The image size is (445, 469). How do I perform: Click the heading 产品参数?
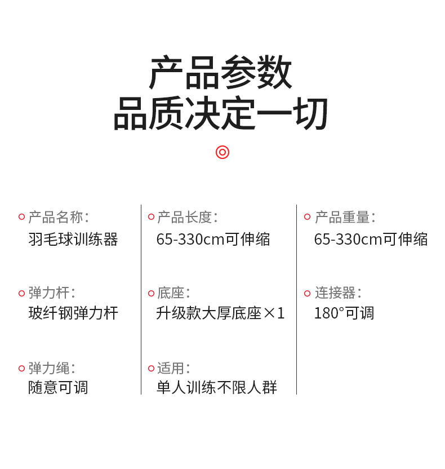(221, 73)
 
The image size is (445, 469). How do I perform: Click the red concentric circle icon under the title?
(222, 152)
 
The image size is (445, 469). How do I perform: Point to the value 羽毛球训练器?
(73, 239)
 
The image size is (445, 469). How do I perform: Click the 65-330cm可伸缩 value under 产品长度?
(213, 239)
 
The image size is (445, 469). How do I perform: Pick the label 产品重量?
(344, 217)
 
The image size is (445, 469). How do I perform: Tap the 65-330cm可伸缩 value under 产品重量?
(371, 239)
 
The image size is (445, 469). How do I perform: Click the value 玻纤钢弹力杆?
(73, 313)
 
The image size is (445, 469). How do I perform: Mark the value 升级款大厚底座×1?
(220, 313)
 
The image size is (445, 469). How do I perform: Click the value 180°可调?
(344, 313)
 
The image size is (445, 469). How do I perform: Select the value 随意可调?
(58, 388)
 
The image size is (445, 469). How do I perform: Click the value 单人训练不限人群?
(217, 388)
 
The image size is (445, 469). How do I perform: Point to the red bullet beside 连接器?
(307, 293)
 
